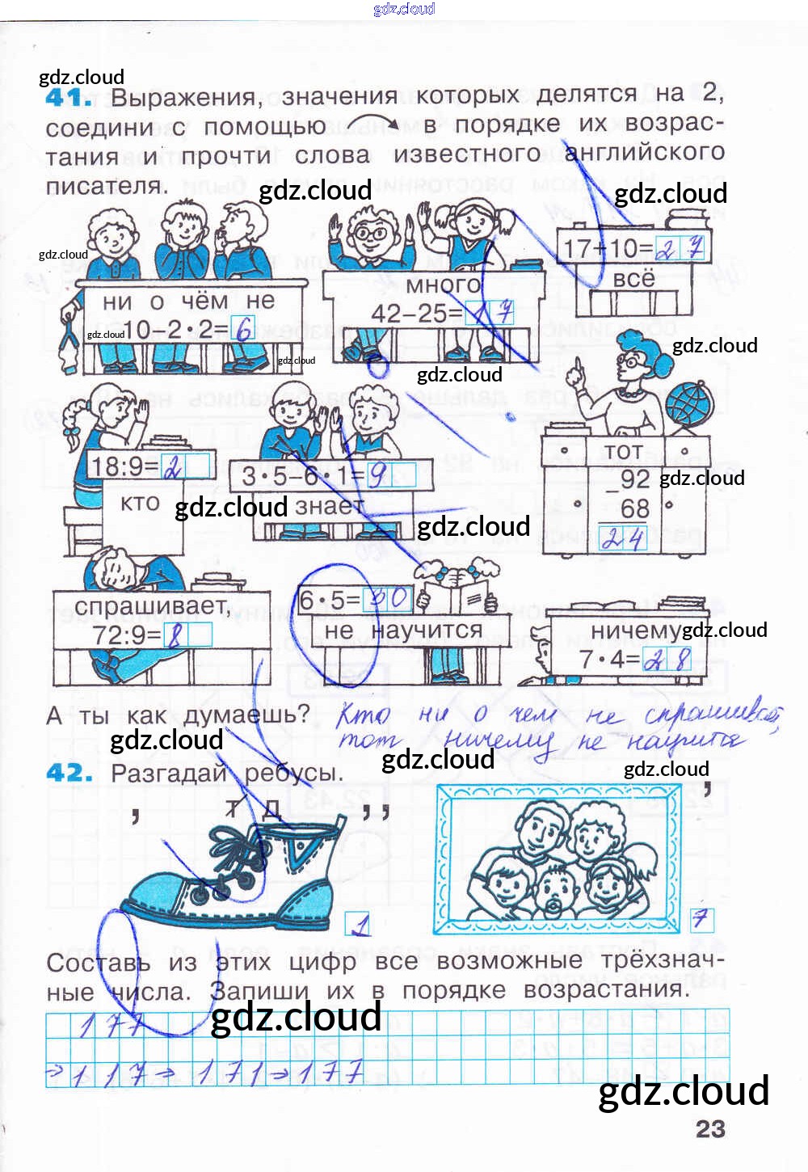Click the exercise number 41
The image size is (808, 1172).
(68, 98)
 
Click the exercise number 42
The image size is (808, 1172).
(69, 773)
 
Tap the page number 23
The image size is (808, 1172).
(710, 1128)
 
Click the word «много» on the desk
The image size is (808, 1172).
(442, 285)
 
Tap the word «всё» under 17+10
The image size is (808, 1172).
(633, 279)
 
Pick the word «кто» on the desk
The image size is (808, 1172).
(140, 503)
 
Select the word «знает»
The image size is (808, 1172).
(330, 506)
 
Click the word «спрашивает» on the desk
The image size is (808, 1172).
(151, 606)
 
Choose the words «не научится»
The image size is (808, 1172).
(402, 630)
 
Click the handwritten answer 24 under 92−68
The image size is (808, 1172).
(623, 538)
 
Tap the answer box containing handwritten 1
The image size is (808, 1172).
(357, 924)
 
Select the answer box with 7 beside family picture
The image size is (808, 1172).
(700, 919)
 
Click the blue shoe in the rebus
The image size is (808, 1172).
(234, 881)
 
